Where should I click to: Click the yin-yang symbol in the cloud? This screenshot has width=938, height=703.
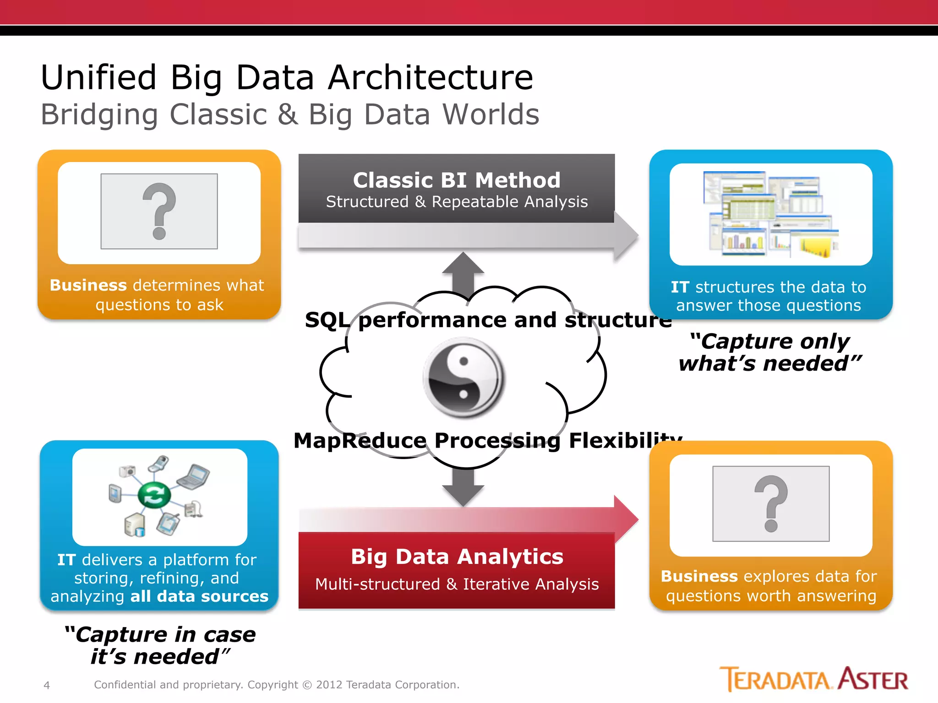point(464,378)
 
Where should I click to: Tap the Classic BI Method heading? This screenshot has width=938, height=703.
point(457,180)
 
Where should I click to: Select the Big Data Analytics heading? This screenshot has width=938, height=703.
point(457,557)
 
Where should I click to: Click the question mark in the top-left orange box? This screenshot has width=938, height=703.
point(159,211)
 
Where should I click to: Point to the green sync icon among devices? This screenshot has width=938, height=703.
point(154,495)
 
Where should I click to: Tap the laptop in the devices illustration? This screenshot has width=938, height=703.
point(194,476)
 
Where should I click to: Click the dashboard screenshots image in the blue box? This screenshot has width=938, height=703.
point(771,214)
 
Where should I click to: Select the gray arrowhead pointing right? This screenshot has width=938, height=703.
point(626,236)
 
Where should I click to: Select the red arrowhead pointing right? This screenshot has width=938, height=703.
point(626,519)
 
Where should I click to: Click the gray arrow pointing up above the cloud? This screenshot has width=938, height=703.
point(463,272)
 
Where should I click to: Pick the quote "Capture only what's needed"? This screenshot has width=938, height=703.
point(769,352)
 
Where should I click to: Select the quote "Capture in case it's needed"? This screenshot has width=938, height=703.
point(159,645)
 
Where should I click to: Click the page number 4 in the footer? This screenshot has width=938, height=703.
point(46,685)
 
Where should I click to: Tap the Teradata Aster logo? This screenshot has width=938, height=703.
point(813,679)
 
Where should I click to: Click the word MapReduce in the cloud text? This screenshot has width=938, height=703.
point(360,441)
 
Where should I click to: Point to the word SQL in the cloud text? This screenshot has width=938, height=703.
point(327,320)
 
